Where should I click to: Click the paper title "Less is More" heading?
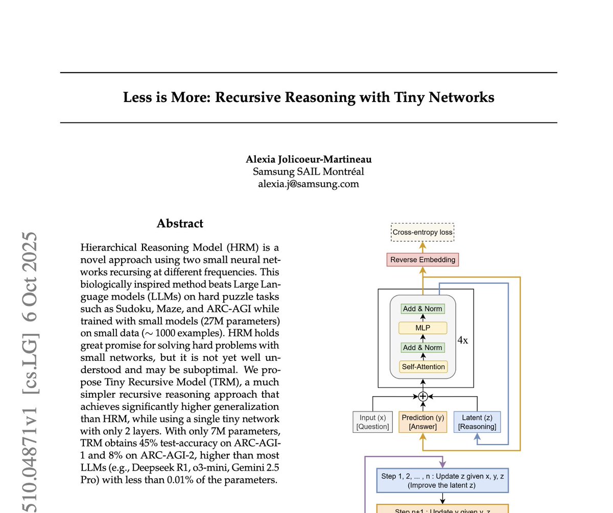tap(309, 97)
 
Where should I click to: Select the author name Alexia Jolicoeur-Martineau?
tap(309, 159)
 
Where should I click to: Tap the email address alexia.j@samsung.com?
tap(309, 184)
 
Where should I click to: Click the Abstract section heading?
tap(180, 224)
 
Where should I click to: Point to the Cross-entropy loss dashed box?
tap(422, 232)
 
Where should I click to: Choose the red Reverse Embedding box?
tap(422, 260)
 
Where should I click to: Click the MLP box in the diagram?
tap(422, 328)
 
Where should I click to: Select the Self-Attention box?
tap(422, 367)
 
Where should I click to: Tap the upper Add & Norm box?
tap(422, 309)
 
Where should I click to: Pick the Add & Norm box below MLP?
tap(422, 348)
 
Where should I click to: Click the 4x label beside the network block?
tap(462, 340)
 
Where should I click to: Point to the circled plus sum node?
tap(422, 397)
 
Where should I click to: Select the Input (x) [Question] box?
tap(373, 422)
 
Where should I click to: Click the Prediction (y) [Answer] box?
tap(422, 422)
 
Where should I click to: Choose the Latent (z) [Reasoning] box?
tap(477, 422)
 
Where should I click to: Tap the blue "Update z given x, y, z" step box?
tap(442, 480)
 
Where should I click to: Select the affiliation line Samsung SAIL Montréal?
tap(309, 172)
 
